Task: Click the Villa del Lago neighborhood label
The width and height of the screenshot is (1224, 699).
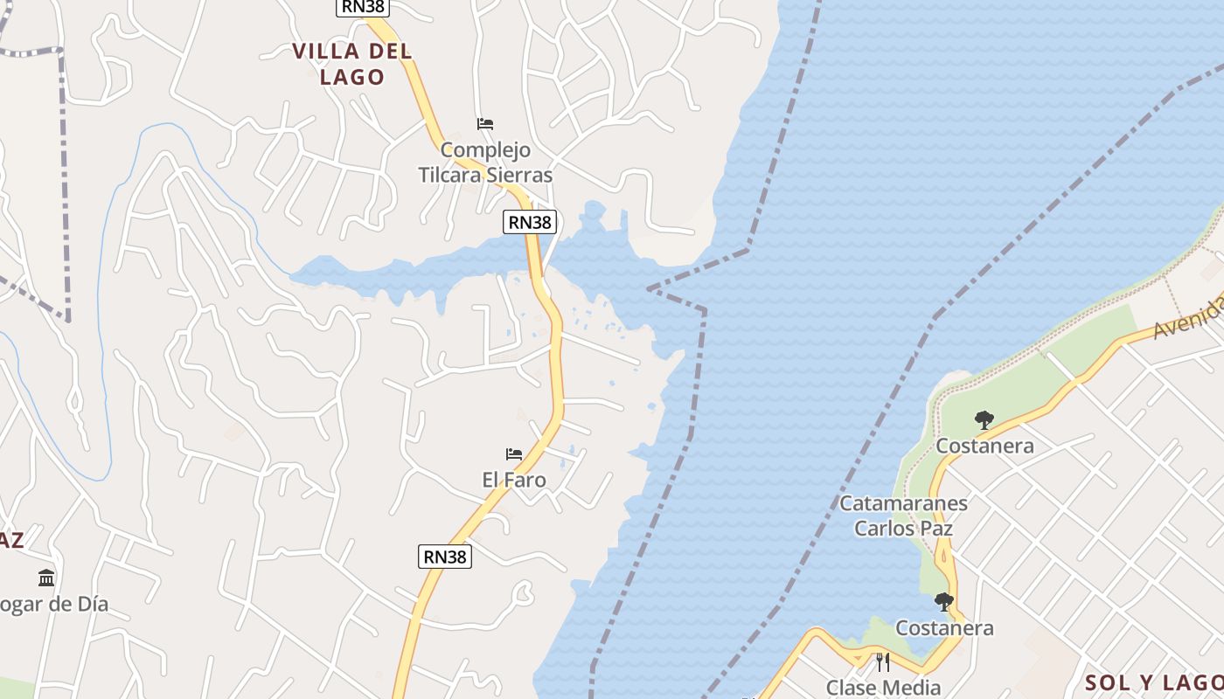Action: [352, 64]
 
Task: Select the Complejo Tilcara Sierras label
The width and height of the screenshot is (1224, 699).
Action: [485, 163]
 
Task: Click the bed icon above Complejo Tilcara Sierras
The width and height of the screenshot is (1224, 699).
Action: [485, 123]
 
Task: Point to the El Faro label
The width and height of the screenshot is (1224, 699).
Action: [514, 480]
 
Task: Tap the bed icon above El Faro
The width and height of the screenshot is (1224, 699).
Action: [514, 454]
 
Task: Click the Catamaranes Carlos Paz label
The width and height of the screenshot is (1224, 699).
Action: [903, 516]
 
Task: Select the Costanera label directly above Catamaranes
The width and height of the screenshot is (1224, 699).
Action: [984, 446]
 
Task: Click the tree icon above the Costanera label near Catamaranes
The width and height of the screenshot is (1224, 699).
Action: [984, 420]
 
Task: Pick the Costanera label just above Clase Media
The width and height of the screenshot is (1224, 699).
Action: [944, 628]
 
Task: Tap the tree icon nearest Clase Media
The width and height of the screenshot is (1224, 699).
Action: [944, 602]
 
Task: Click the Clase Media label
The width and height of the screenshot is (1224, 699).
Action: [883, 688]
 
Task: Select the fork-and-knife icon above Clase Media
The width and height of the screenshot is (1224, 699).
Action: [883, 662]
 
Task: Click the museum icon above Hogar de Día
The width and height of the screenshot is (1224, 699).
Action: [46, 578]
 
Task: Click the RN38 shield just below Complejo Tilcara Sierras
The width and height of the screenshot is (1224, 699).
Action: [530, 222]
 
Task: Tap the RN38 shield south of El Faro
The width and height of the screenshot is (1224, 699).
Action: [444, 556]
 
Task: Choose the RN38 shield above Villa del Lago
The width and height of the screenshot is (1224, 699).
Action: [362, 7]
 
